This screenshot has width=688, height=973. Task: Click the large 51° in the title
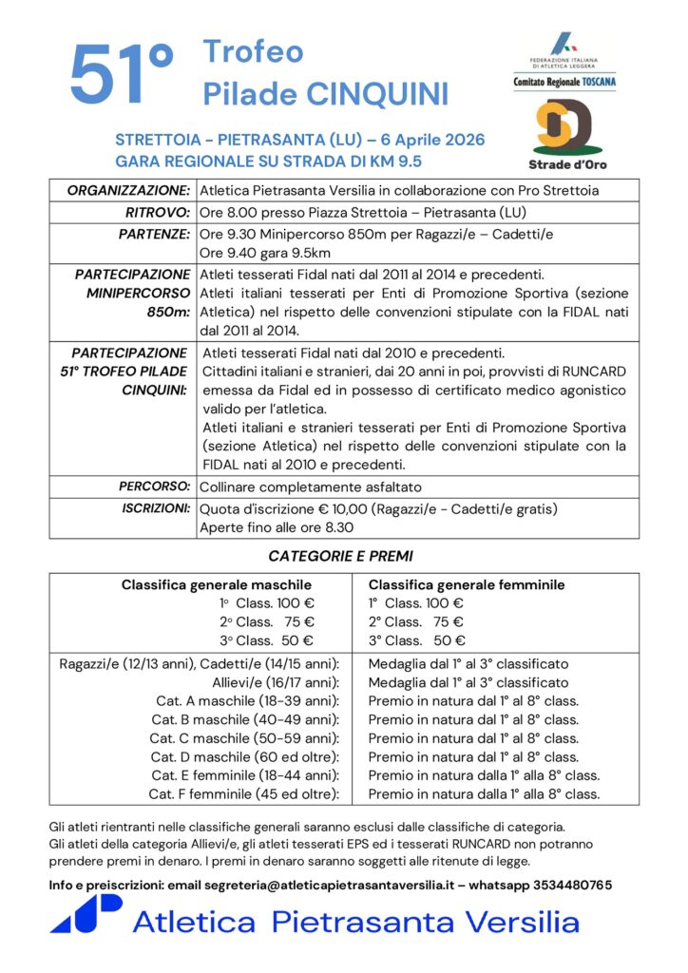pos(121,73)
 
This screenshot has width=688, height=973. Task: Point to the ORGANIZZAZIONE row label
pos(128,190)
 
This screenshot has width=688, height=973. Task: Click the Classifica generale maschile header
pos(217,584)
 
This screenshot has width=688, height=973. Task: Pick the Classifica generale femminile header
pos(467,584)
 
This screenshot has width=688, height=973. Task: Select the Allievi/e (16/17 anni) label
pos(275,682)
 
